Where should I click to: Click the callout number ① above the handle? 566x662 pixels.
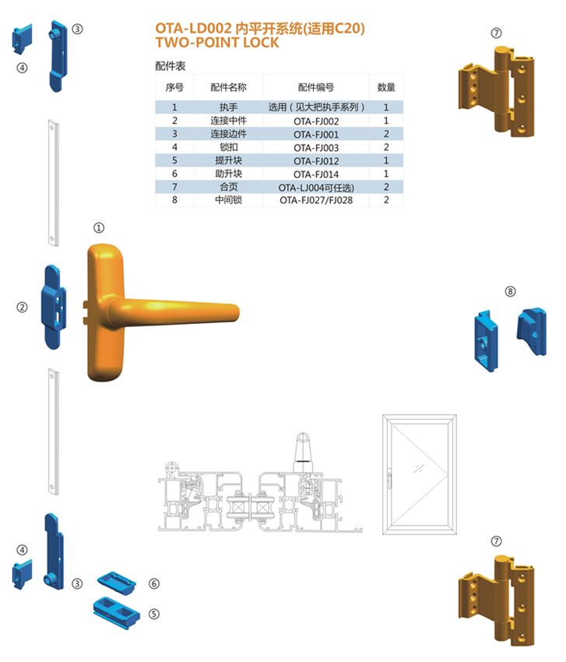pos(99,228)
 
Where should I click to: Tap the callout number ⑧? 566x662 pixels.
pos(510,291)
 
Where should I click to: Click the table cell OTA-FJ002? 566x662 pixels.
pos(316,121)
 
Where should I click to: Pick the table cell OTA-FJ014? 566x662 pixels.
pos(316,174)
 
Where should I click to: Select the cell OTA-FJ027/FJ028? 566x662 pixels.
pos(316,200)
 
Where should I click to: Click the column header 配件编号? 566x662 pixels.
pos(316,87)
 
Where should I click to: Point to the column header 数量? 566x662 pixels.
pos(386,87)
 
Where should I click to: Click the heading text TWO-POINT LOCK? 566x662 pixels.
pos(217,43)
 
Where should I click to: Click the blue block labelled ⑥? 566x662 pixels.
pos(117,579)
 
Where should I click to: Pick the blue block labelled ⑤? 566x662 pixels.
pos(115,608)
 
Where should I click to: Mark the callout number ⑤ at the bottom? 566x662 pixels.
pos(154,613)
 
